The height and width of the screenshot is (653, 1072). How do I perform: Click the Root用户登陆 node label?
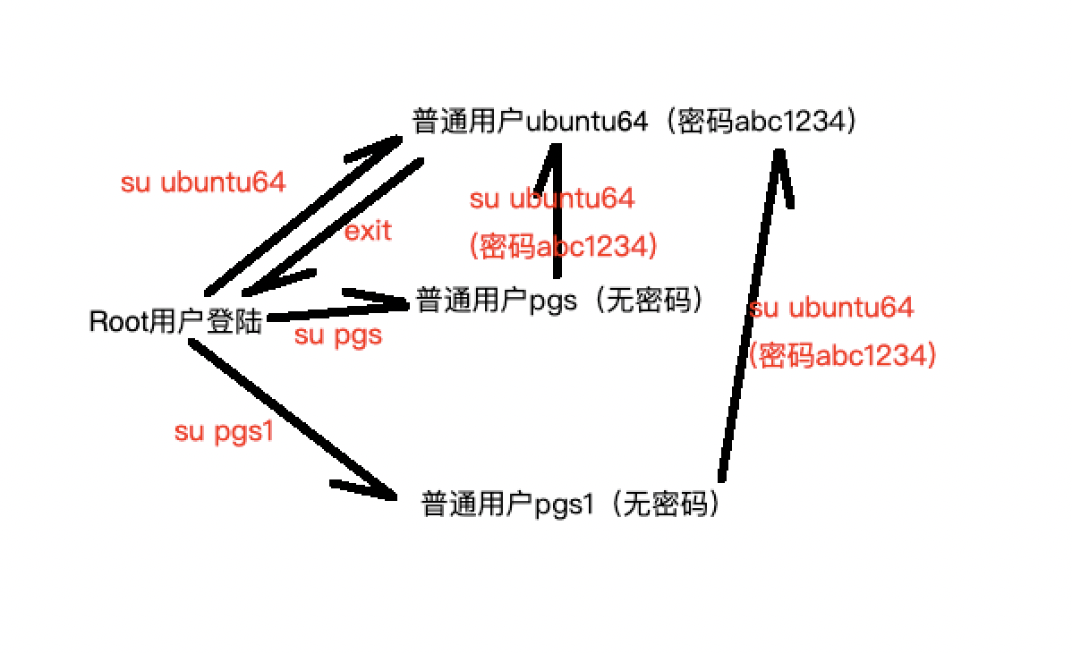click(175, 321)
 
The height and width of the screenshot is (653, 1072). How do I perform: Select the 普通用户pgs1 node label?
click(571, 505)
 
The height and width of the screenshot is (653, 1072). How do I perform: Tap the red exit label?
click(368, 231)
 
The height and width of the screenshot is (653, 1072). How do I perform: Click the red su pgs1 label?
click(224, 432)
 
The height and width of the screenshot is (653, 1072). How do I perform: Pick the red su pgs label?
click(338, 335)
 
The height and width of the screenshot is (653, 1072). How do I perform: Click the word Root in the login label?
click(116, 321)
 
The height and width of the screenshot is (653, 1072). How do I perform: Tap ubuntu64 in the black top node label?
click(586, 122)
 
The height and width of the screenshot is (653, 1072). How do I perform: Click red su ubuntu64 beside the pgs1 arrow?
click(832, 308)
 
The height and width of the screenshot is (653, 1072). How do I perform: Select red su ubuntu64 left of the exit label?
click(203, 182)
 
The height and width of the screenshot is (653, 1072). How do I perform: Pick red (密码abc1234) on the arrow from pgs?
click(563, 246)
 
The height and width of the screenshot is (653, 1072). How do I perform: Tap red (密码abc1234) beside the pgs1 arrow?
click(842, 356)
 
